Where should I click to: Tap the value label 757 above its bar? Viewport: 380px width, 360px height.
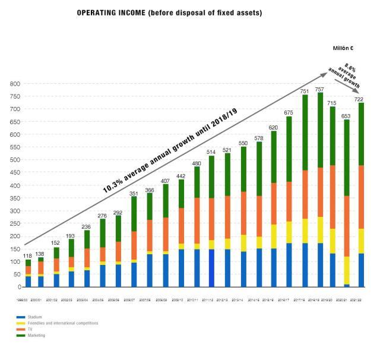click(320, 90)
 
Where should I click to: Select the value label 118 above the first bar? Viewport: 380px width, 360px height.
click(27, 255)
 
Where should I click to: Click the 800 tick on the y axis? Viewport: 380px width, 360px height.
click(15, 83)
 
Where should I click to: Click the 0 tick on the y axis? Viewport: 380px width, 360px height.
click(18, 287)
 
